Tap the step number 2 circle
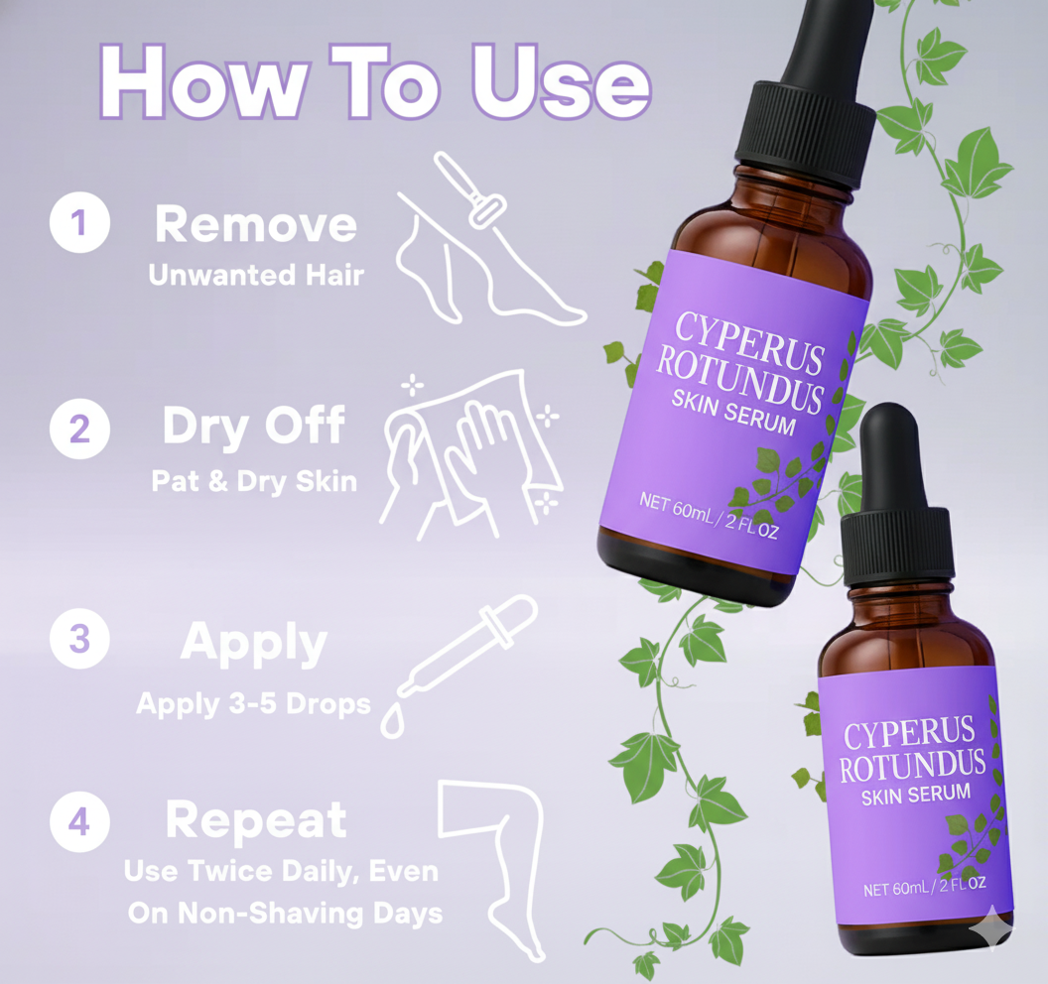78,430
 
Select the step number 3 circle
78,639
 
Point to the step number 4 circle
78,822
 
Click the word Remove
255,225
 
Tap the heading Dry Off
253,426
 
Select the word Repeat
255,820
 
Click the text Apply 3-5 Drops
253,704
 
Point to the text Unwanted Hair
255,275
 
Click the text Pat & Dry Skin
254,481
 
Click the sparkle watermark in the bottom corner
993,929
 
